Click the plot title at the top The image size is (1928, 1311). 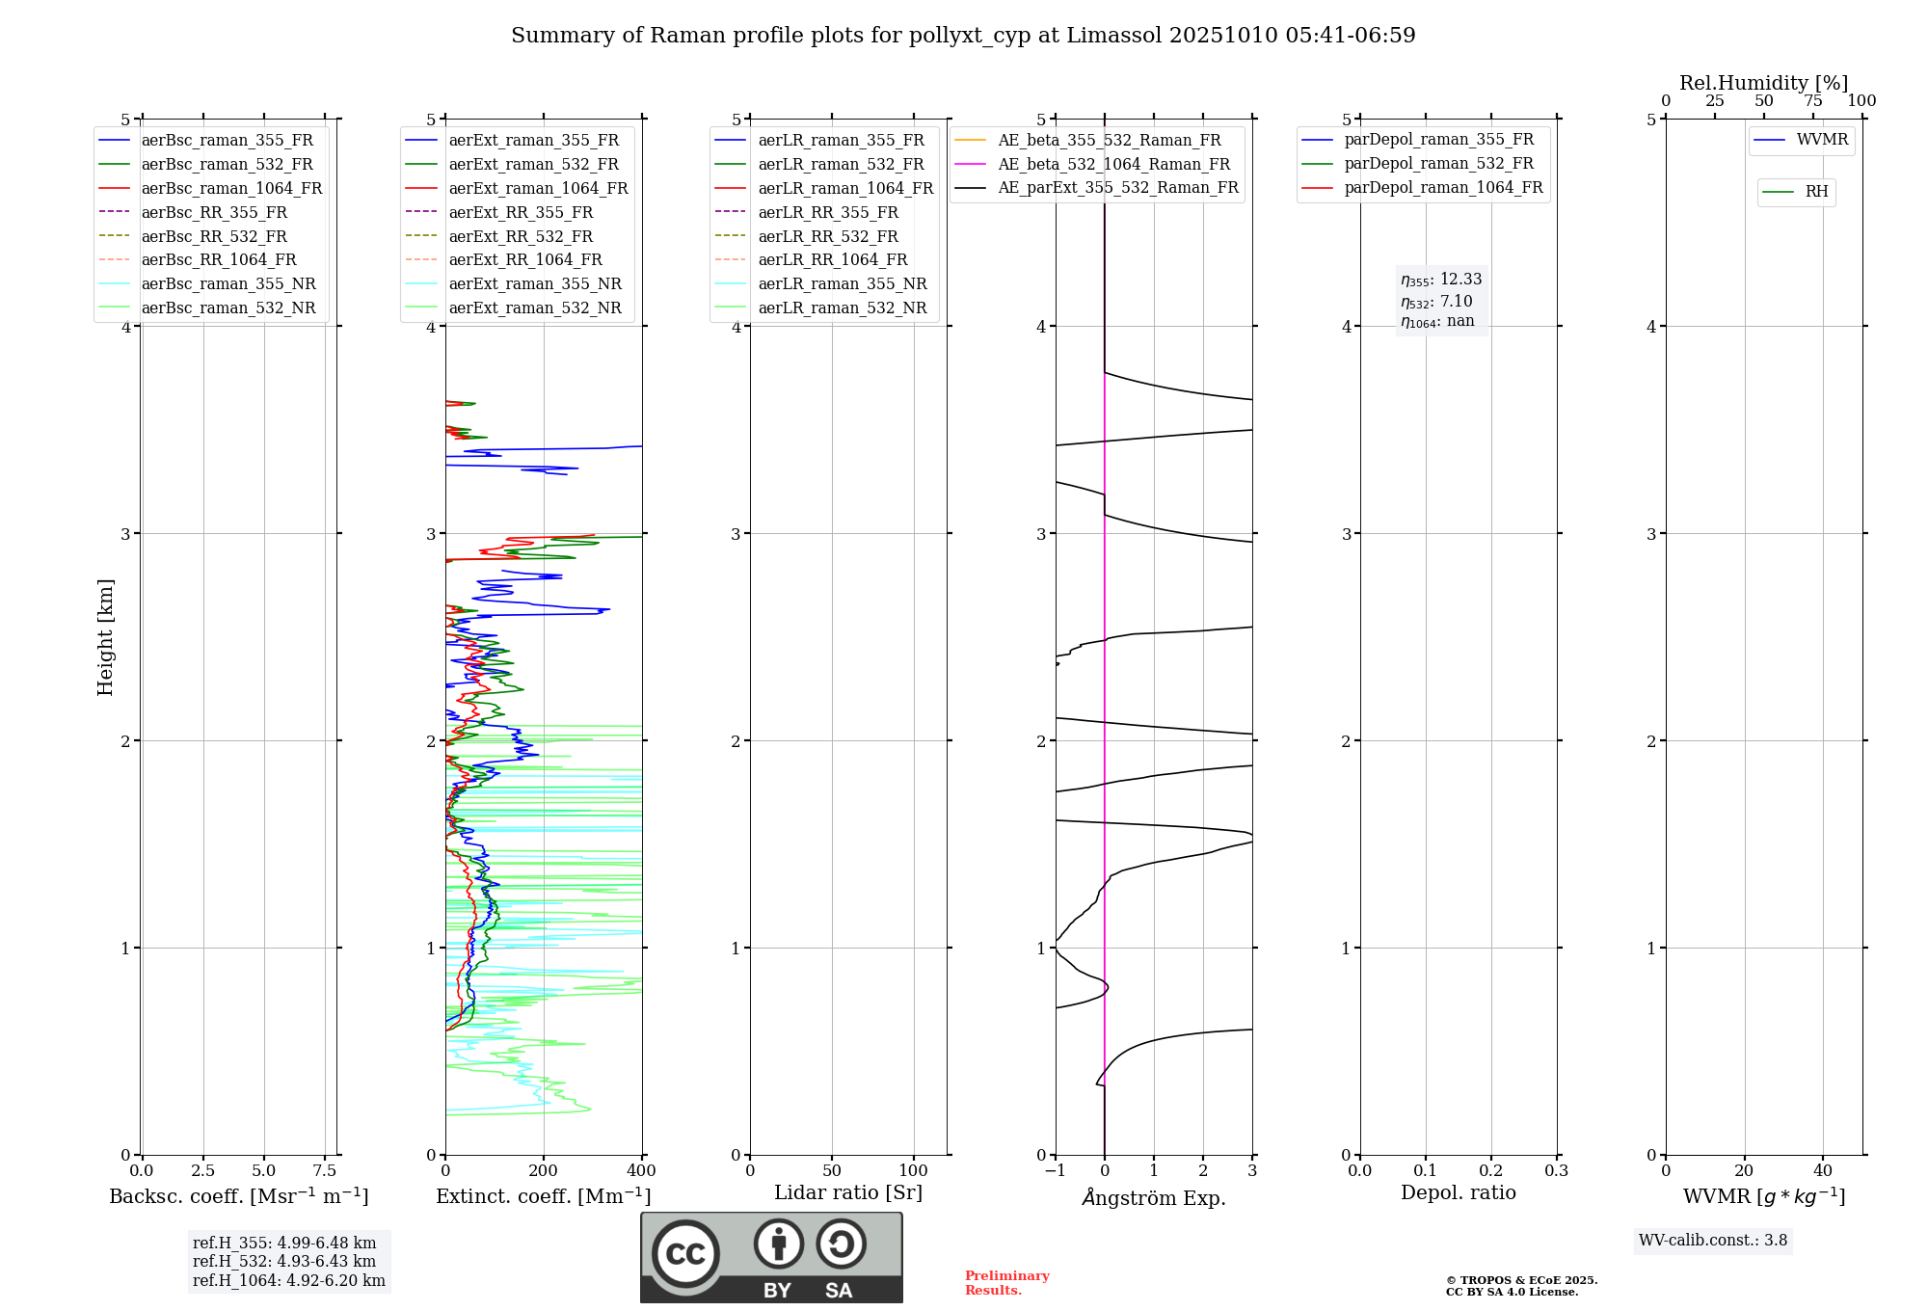(x=963, y=36)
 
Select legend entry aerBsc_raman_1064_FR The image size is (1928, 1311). (x=231, y=188)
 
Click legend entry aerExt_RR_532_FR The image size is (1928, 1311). (x=521, y=236)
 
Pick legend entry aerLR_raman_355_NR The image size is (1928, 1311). (x=842, y=283)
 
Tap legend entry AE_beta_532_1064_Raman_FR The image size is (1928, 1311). (x=1113, y=164)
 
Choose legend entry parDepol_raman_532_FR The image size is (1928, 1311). (x=1438, y=164)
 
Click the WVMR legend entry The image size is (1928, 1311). (x=1822, y=140)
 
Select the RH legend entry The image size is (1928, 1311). (x=1816, y=192)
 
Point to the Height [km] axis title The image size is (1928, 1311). (x=105, y=637)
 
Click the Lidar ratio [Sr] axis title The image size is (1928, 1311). (x=848, y=1192)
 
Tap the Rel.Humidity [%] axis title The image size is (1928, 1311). (x=1763, y=83)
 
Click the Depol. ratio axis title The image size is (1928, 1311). (x=1458, y=1192)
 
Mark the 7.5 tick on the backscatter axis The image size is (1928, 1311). (x=325, y=1171)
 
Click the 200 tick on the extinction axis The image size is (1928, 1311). (x=544, y=1171)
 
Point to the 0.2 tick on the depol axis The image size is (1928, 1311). (x=1491, y=1171)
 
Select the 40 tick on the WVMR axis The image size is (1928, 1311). (x=1822, y=1171)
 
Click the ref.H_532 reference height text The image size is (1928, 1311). (x=284, y=1261)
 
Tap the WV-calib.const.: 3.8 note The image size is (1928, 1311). (x=1713, y=1241)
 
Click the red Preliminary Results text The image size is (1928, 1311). (x=1006, y=1283)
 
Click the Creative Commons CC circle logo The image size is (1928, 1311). (x=685, y=1253)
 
